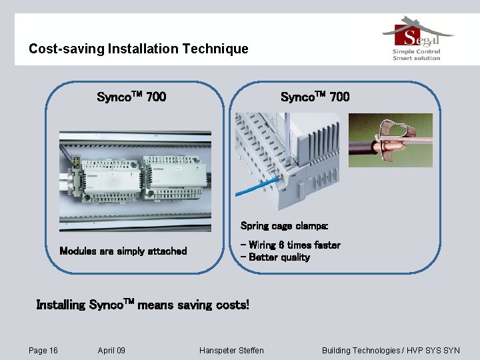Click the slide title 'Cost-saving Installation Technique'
(138, 49)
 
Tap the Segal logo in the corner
(417, 33)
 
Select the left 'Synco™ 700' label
(131, 97)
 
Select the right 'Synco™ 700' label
(315, 97)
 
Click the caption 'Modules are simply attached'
(123, 251)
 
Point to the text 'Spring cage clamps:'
(284, 226)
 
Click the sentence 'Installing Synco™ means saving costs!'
(143, 305)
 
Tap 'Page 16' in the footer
(43, 351)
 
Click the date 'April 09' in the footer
(111, 351)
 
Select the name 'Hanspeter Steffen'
(231, 351)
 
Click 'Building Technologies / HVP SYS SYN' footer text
(391, 351)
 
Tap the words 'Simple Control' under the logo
(417, 51)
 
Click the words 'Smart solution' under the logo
(417, 58)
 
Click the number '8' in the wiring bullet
(282, 245)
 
